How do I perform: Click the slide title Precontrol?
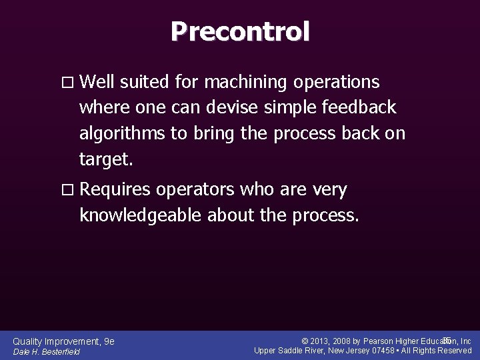[x=240, y=31]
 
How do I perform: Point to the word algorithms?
[x=122, y=133]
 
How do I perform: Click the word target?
[x=106, y=159]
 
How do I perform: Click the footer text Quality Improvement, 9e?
[x=64, y=341]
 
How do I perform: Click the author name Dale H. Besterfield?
[x=47, y=351]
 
